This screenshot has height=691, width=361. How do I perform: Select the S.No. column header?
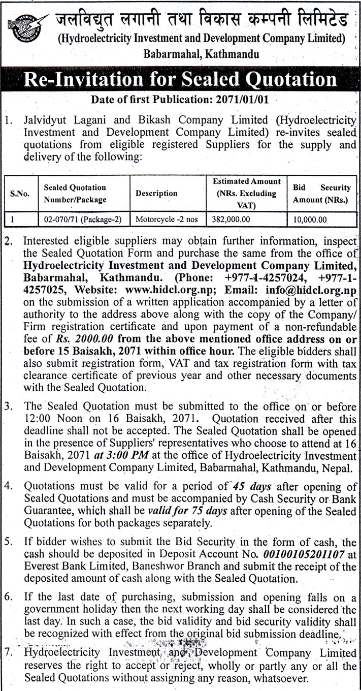point(20,194)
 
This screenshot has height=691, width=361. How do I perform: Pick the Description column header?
point(156,194)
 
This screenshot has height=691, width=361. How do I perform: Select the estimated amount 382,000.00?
point(232,219)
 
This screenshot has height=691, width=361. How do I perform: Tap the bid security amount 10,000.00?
point(309,219)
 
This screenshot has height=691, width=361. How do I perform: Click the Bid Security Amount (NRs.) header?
point(321,194)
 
